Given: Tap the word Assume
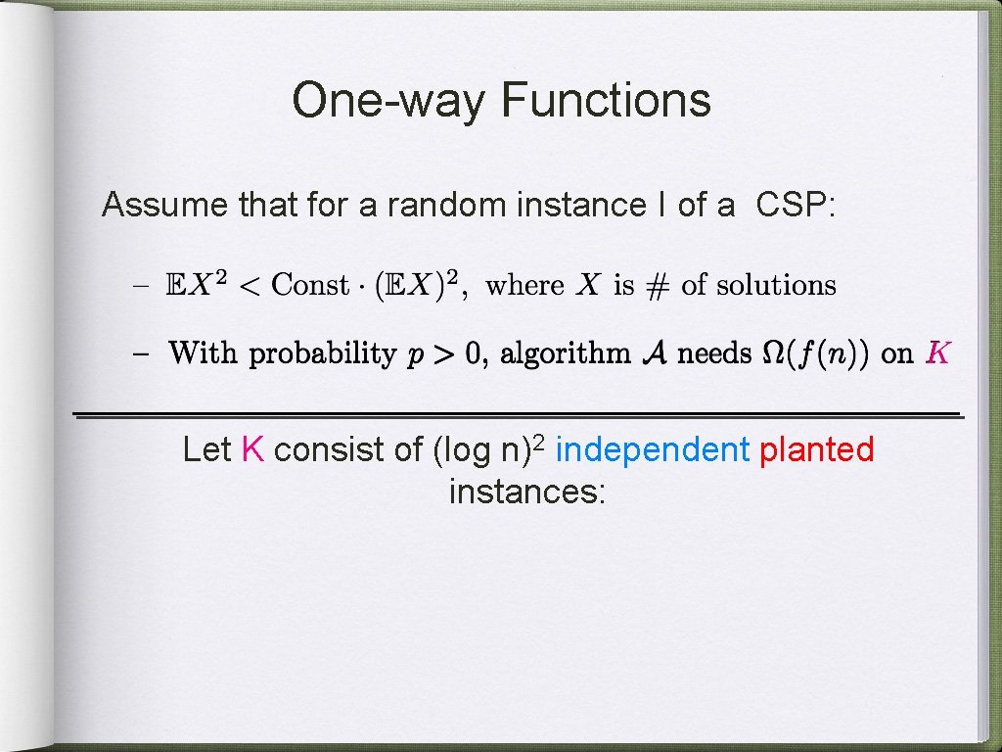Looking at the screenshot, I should (x=165, y=206).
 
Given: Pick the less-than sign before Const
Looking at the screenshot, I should (x=250, y=286).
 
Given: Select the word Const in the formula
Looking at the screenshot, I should (x=310, y=286).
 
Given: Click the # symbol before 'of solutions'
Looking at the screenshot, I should (x=659, y=286).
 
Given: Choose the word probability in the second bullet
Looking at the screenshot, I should (x=322, y=353).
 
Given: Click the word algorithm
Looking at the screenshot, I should (x=565, y=353).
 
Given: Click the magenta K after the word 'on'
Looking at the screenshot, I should (x=936, y=353).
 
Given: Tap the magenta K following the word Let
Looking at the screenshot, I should (x=252, y=450).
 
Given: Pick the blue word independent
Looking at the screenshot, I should (x=652, y=450).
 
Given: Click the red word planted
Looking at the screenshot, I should (x=817, y=450).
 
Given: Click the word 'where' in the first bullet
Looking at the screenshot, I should (x=524, y=286).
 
